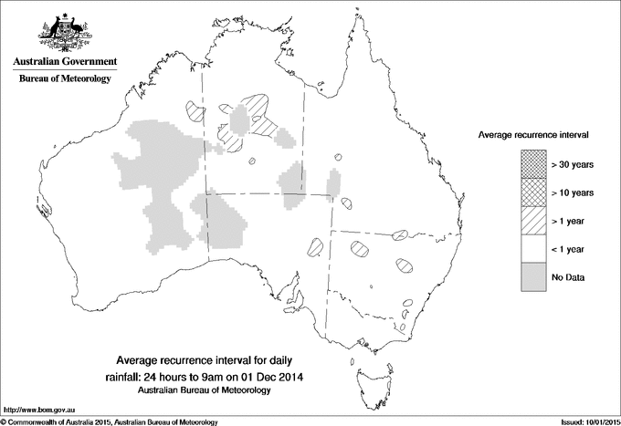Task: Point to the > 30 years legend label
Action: coord(573,164)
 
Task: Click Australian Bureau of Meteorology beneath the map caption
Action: coord(204,390)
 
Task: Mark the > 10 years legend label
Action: coord(573,192)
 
